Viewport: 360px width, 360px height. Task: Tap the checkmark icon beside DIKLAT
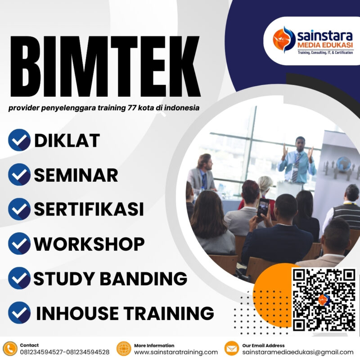pos(19,140)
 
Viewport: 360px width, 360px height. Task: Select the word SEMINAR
pos(76,175)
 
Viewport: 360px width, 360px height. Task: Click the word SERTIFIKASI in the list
pos(89,209)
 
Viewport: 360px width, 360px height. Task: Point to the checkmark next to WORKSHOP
pos(19,243)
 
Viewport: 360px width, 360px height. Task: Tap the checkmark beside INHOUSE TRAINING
pos(19,313)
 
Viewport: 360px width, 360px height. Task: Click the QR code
pos(324,299)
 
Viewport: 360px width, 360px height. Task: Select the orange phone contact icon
pos(9,349)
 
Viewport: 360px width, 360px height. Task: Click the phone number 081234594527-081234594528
pos(64,352)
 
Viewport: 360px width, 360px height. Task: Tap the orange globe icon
pos(124,349)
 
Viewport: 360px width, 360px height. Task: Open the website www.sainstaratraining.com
pos(176,352)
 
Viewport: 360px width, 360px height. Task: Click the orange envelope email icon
pos(231,349)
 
